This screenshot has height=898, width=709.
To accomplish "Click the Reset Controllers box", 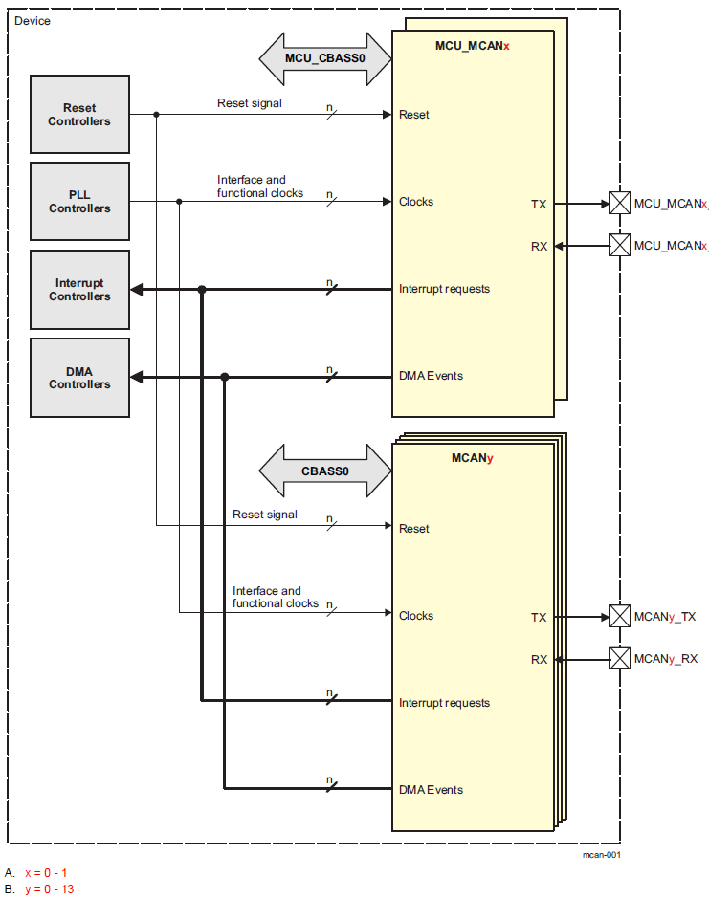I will (x=80, y=115).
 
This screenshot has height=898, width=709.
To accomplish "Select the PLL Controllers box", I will (x=80, y=202).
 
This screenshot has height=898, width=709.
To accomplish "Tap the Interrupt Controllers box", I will (x=80, y=290).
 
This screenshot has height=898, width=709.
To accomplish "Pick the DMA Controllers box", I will (x=80, y=378).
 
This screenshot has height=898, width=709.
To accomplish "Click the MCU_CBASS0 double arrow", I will (x=325, y=57).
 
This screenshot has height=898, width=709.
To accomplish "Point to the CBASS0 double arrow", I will (x=325, y=471).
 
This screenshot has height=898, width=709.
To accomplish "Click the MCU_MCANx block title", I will (x=473, y=46).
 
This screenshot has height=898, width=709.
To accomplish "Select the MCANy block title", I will (x=473, y=459).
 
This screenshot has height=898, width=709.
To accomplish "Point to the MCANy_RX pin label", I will (x=666, y=659).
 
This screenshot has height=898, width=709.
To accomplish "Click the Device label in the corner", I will (x=33, y=21).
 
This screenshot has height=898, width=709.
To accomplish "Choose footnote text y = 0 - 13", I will (x=50, y=889).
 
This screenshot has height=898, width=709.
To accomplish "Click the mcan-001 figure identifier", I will (x=601, y=854).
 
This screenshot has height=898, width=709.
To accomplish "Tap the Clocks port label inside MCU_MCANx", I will (x=416, y=202).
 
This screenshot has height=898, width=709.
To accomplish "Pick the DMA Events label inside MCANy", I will (x=431, y=790).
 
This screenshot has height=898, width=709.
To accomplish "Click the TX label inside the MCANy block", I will (x=539, y=618).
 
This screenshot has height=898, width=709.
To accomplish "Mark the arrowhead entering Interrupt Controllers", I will (x=136, y=290).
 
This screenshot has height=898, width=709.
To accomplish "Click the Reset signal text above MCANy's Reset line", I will (x=265, y=515).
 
